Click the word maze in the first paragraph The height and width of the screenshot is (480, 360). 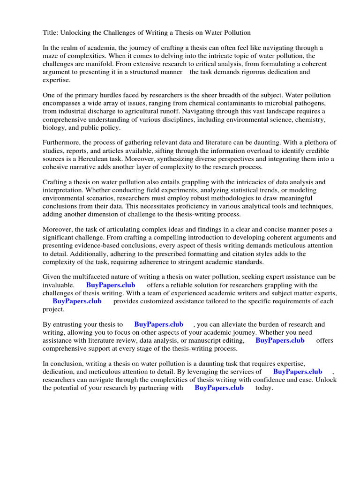[51, 56]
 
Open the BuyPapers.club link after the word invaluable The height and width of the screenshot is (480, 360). [111, 285]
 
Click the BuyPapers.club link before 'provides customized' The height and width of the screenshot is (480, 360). [77, 301]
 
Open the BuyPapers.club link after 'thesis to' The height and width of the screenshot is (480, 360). [158, 324]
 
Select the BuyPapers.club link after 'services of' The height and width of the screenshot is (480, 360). [297, 372]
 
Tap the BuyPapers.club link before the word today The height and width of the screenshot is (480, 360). [219, 388]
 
